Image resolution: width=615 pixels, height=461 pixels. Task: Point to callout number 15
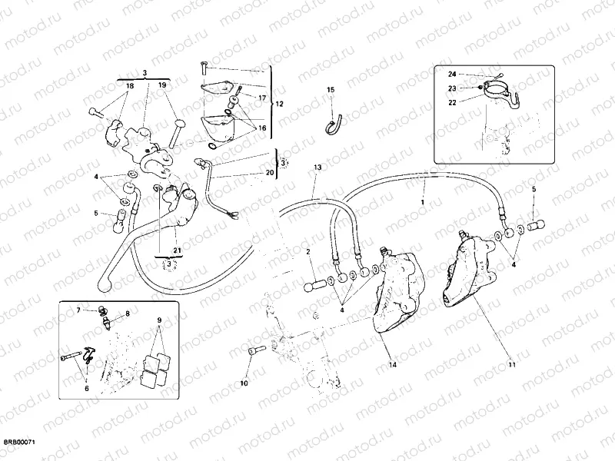point(331,91)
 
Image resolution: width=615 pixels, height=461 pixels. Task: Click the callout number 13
point(317,167)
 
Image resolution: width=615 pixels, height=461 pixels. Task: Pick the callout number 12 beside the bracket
point(279,103)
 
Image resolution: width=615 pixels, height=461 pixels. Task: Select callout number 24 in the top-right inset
point(452,74)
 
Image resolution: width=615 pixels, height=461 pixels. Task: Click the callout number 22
point(452,101)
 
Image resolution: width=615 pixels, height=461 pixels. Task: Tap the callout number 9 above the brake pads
point(159,320)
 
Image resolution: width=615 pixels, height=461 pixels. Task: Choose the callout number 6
point(86,389)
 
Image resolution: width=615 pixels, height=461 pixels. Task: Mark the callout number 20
point(269,173)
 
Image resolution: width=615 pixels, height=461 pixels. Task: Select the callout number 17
point(261,98)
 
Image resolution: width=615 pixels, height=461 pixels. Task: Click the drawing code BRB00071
point(21,443)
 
